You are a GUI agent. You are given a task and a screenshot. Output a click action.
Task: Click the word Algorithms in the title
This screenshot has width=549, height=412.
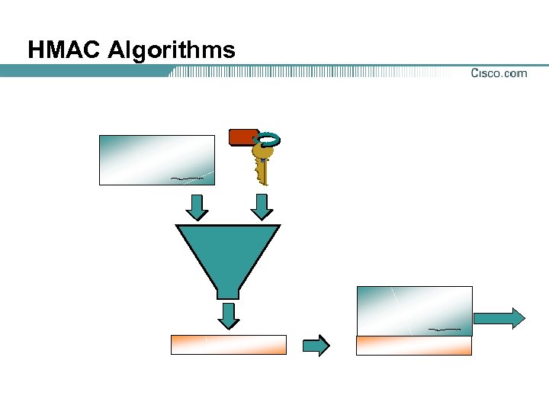click(x=172, y=51)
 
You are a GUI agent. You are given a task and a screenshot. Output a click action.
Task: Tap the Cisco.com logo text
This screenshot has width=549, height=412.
click(x=499, y=73)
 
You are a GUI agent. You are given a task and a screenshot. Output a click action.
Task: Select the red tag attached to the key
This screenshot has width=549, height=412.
click(x=243, y=137)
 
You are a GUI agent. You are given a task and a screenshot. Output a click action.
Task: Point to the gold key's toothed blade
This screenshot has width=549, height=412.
click(x=263, y=171)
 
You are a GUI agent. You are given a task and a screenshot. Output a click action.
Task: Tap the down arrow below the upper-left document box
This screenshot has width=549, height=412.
click(x=197, y=206)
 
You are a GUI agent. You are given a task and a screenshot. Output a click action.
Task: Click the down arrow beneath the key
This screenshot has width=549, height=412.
click(x=262, y=206)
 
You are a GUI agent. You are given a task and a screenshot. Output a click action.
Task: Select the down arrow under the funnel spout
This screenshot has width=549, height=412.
click(x=228, y=314)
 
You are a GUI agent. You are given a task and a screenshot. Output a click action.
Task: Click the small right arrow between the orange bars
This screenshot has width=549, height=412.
click(x=316, y=345)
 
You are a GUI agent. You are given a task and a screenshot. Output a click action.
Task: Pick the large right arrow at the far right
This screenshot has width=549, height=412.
click(x=499, y=317)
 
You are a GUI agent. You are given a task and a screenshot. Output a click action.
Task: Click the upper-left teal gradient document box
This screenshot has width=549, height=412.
click(x=157, y=159)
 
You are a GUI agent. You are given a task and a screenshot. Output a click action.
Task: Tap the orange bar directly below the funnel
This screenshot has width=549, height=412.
click(x=228, y=345)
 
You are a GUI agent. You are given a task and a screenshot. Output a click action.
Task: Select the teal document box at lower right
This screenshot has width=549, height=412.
click(x=414, y=311)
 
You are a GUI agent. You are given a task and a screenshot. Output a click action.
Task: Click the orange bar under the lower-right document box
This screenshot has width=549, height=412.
click(x=414, y=346)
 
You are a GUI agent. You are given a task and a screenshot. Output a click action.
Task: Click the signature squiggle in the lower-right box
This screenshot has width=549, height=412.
click(x=445, y=329)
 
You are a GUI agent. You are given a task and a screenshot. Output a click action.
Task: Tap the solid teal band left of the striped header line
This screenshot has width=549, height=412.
click(x=84, y=71)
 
